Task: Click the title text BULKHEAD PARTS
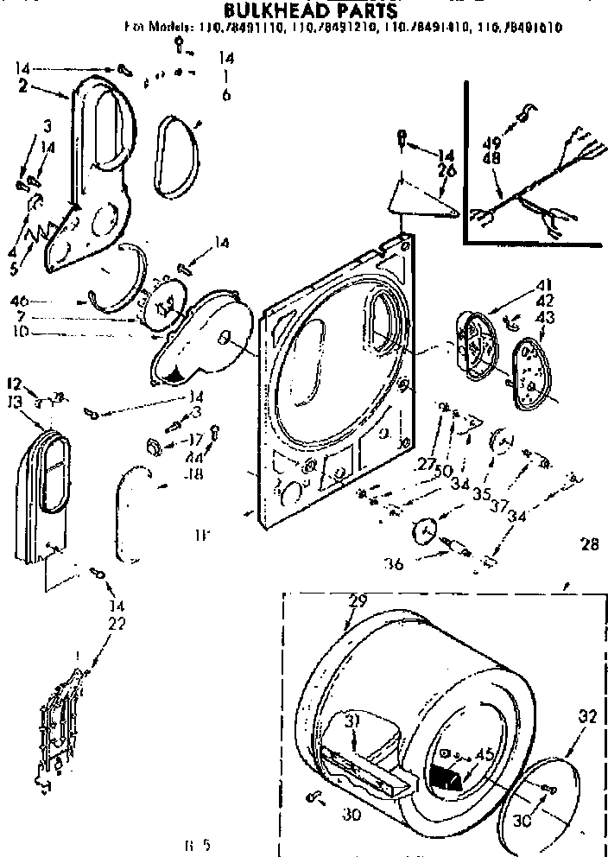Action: click(299, 10)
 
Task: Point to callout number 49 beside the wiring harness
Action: click(492, 143)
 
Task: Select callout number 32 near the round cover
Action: click(587, 716)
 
